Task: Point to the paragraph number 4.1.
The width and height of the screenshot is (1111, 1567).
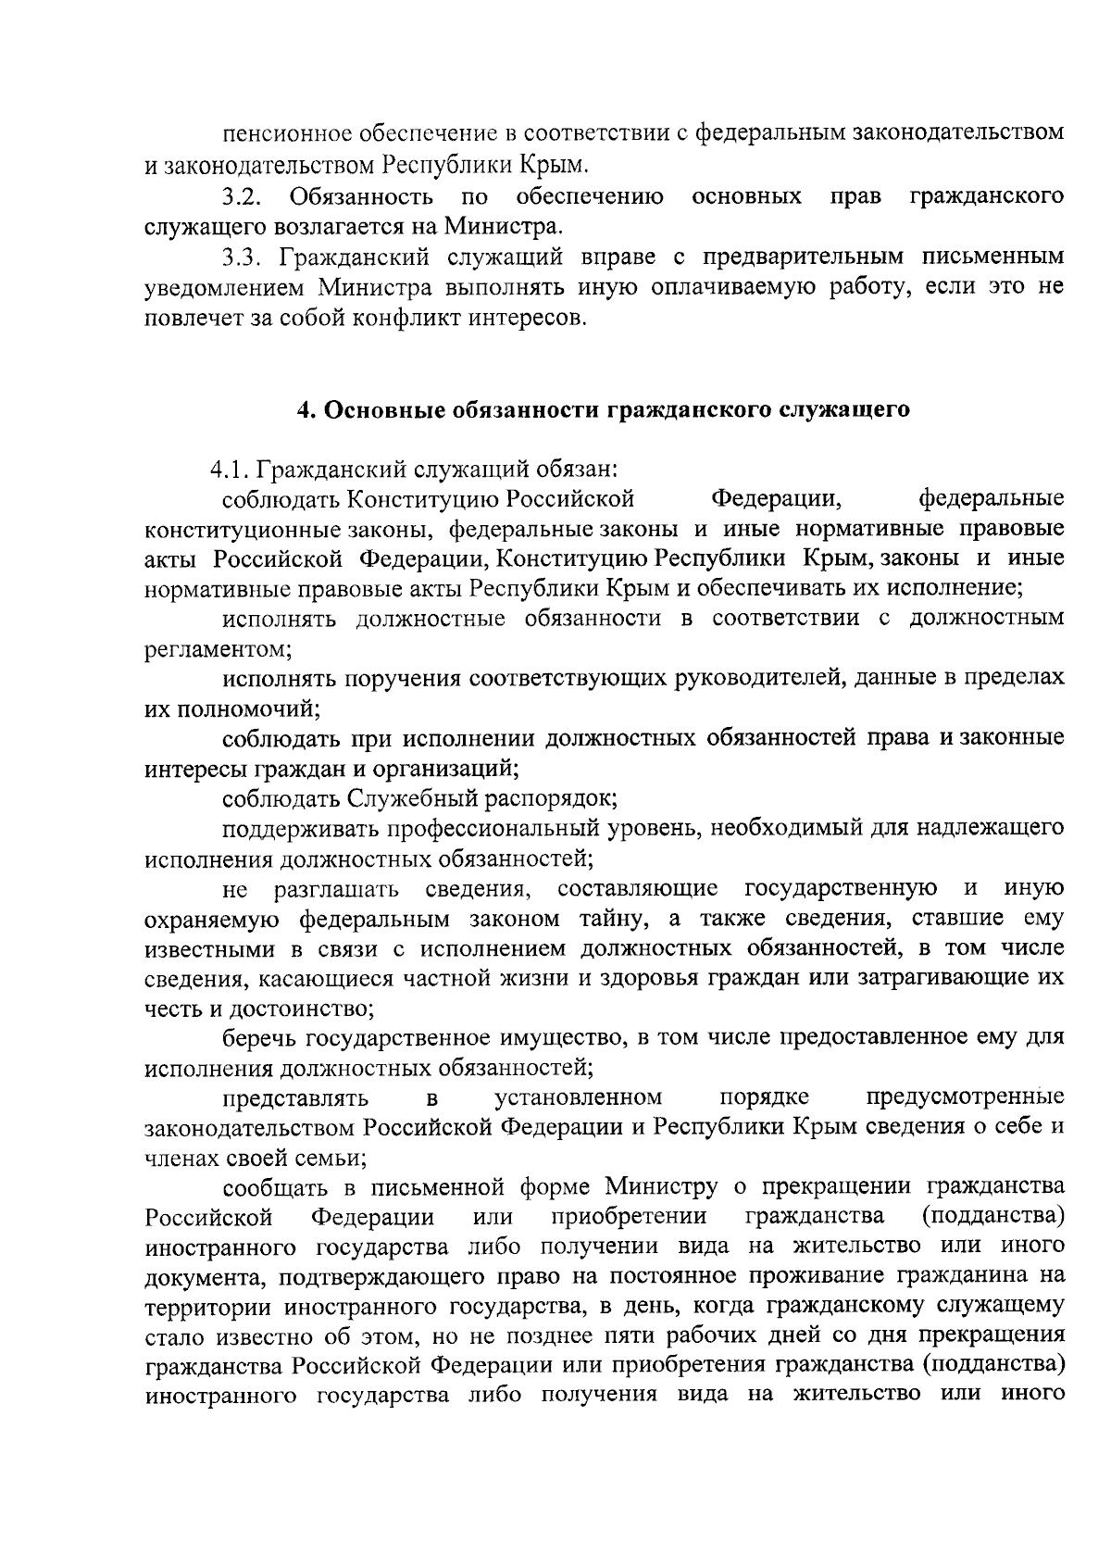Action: pyautogui.click(x=231, y=470)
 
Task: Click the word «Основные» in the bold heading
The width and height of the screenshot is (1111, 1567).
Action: pyautogui.click(x=380, y=409)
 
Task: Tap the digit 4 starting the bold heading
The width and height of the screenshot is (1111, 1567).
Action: pyautogui.click(x=302, y=409)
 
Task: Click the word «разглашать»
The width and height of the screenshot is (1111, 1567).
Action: pyautogui.click(x=337, y=889)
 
